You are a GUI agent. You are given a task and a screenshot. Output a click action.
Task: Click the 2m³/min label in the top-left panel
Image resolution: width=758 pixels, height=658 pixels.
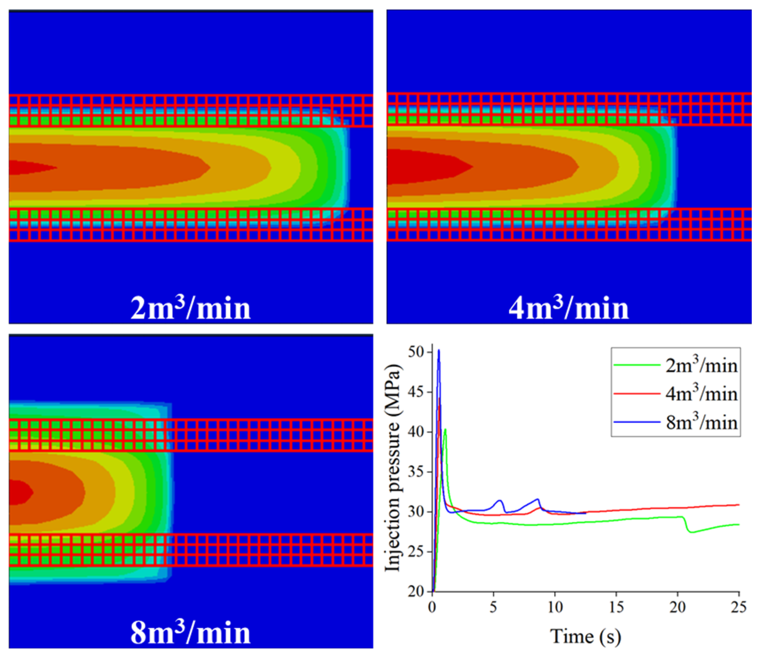click(x=191, y=308)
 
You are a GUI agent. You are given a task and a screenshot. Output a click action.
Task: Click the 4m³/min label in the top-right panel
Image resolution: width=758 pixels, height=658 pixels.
click(x=569, y=308)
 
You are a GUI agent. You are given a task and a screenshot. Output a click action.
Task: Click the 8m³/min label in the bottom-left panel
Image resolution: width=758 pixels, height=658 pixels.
click(x=191, y=633)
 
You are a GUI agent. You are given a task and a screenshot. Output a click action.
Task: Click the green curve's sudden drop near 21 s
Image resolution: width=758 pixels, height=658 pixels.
click(x=686, y=526)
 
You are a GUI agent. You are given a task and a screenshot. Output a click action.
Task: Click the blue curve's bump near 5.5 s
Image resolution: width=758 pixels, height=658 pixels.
click(x=499, y=500)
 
